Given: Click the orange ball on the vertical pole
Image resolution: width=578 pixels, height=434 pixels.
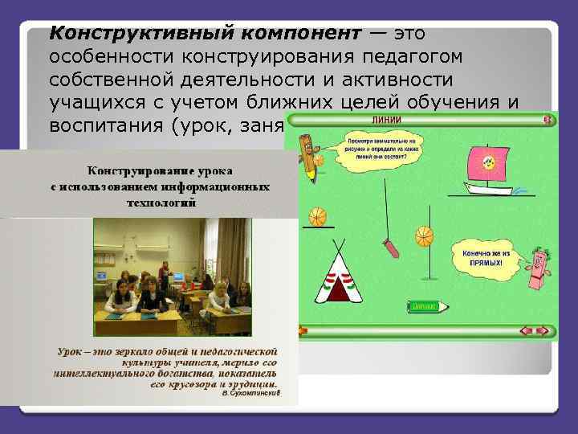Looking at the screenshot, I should (423, 236).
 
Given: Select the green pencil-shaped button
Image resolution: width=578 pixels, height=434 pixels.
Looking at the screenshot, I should (423, 306).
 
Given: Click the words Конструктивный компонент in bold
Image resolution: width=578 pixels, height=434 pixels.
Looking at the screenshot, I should (201, 34).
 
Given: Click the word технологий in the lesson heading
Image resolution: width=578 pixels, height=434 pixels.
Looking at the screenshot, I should (158, 203).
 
